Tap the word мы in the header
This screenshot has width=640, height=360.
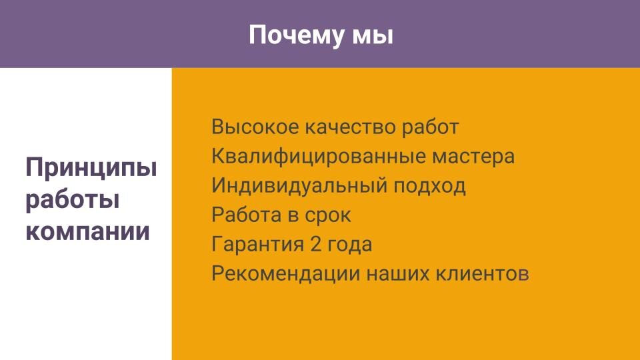tap(373, 35)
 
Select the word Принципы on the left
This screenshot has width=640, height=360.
tap(91, 168)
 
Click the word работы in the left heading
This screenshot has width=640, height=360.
tap(72, 199)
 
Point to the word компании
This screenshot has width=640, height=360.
tap(87, 231)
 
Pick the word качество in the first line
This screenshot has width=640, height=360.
tap(350, 127)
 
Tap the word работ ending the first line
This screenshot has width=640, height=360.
tap(430, 127)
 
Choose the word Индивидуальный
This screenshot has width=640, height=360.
tap(299, 186)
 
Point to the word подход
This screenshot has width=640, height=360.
tap(429, 187)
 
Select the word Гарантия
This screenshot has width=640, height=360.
tap(257, 245)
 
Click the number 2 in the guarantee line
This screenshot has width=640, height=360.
tap(316, 244)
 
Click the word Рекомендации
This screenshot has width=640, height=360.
tap(286, 274)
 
